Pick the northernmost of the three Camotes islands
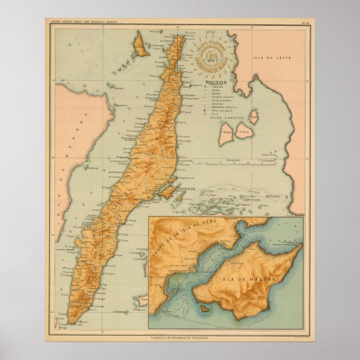click(254, 116)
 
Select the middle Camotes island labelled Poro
click(244, 133)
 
